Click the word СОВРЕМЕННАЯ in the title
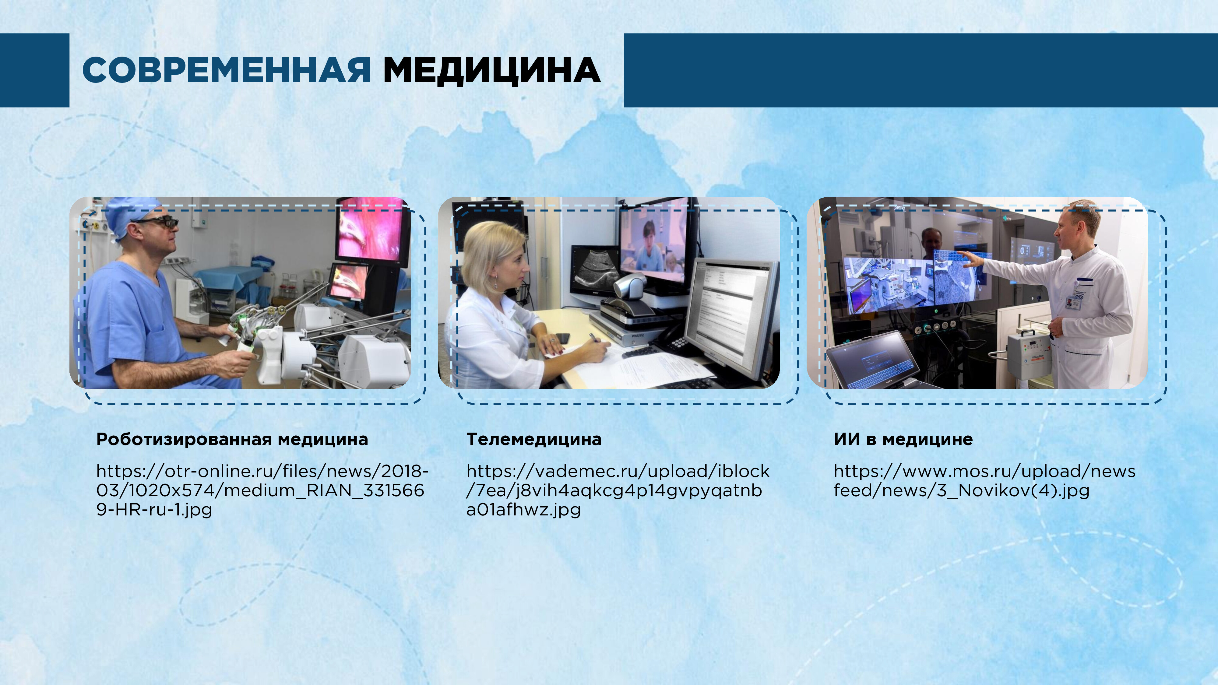point(227,70)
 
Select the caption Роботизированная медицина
point(232,440)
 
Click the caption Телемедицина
point(534,439)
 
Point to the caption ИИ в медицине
point(903,439)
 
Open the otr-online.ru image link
point(262,490)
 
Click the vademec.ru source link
point(618,490)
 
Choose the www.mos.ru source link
point(984,481)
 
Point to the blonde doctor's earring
point(495,284)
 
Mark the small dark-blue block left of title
point(34,70)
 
